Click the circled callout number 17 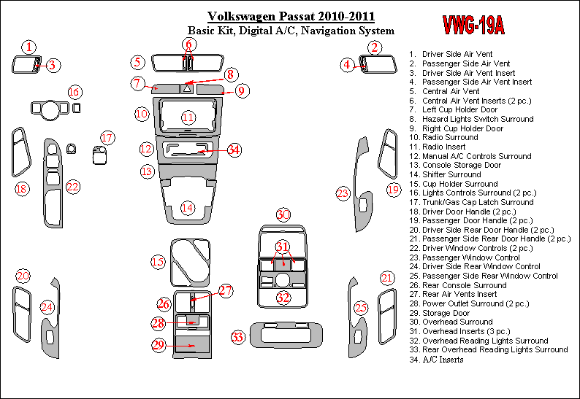click(x=107, y=138)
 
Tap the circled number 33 click(x=237, y=337)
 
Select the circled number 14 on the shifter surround click(x=188, y=208)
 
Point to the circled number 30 click(x=283, y=214)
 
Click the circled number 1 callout click(x=28, y=47)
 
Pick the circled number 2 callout click(x=374, y=48)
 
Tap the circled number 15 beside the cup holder click(x=159, y=260)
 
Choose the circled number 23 click(x=343, y=193)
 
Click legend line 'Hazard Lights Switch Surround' click(x=478, y=119)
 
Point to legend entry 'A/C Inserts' click(x=443, y=360)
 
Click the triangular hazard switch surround click(x=187, y=88)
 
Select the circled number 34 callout click(x=234, y=150)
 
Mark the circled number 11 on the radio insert click(x=188, y=117)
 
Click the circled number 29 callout click(x=159, y=345)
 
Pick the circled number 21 click(x=387, y=277)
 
